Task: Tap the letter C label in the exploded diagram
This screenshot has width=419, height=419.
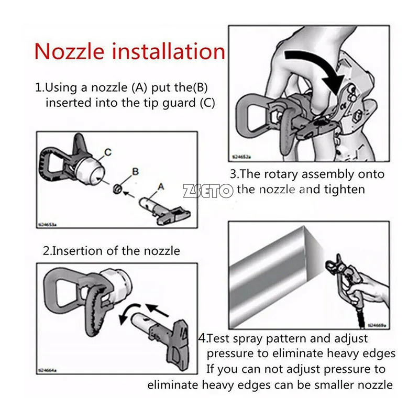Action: (x=107, y=153)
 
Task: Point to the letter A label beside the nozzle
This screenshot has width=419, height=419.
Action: (x=160, y=186)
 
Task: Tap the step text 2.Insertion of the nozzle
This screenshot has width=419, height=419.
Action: (x=111, y=251)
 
